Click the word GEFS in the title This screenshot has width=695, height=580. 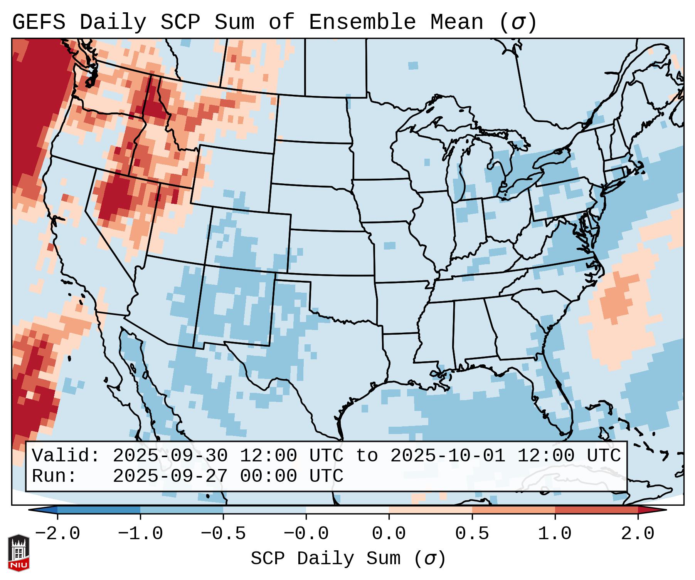pos(39,22)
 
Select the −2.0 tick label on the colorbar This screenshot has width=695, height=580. pos(57,534)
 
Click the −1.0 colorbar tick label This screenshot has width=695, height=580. pos(140,534)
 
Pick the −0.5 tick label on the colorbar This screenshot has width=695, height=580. pos(223,534)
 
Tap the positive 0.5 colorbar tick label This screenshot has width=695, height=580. pos(472,534)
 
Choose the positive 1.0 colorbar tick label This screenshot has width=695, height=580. pos(555,534)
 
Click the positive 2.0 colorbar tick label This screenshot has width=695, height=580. pos(638,534)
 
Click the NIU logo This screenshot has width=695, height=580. pos(19,553)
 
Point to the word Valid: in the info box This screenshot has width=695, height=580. pos(66,456)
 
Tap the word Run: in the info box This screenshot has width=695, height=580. pos(54,476)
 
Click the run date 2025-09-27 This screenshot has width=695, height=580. pos(170,476)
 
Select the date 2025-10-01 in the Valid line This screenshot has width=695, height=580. pos(448,456)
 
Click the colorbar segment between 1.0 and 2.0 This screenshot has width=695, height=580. pos(596,510)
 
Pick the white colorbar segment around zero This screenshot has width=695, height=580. pos(347,510)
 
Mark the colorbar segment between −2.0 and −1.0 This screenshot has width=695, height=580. pos(99,510)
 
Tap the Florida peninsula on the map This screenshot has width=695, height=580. pos(559,401)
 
